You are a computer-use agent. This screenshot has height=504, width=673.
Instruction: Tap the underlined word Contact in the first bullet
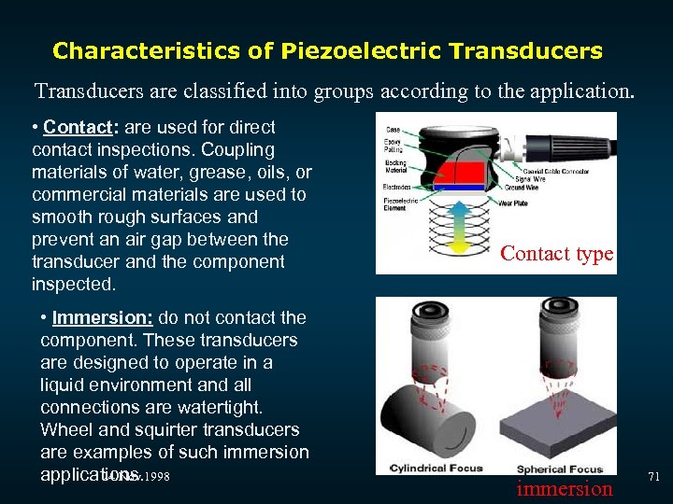[x=76, y=127]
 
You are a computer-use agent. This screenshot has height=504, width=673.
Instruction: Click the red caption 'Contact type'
[x=557, y=253]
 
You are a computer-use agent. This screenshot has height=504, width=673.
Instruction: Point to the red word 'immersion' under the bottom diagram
[x=564, y=488]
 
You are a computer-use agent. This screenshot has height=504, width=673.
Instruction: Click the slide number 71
[x=653, y=477]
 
